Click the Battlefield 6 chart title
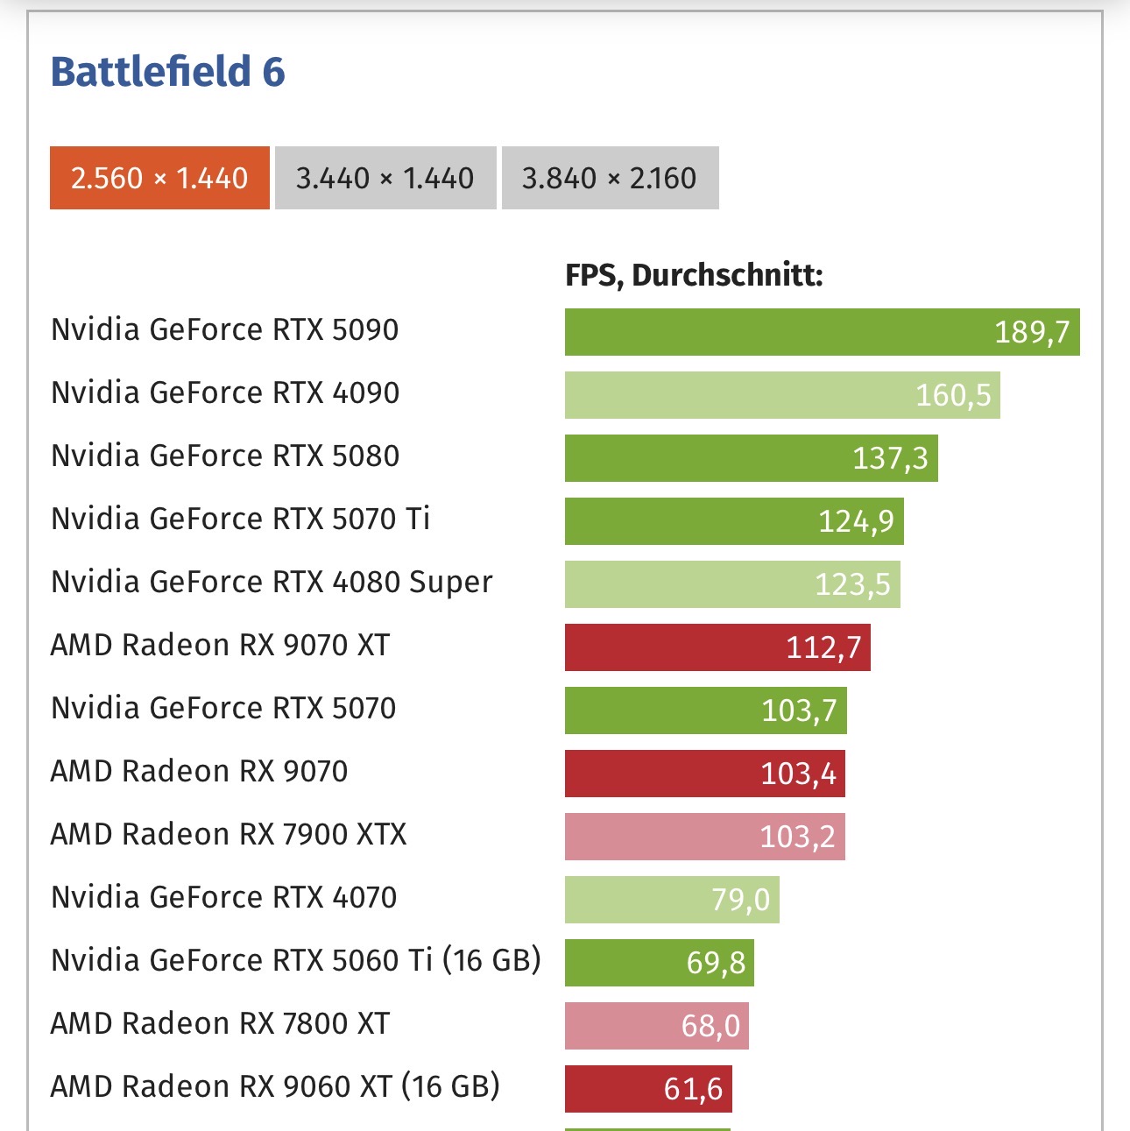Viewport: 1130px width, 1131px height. (x=167, y=72)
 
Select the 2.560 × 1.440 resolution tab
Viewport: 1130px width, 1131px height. (x=159, y=178)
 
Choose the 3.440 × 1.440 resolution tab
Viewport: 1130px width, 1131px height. (x=385, y=178)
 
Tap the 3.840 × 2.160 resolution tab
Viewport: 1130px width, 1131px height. (x=610, y=178)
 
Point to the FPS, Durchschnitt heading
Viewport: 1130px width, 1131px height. (x=694, y=275)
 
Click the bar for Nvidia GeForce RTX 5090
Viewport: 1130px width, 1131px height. (x=822, y=332)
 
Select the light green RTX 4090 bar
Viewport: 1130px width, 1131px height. (x=781, y=395)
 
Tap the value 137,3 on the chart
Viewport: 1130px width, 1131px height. (x=890, y=458)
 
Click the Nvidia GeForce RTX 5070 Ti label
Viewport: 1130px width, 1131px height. (x=240, y=519)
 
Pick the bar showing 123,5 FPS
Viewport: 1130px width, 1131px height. (x=731, y=584)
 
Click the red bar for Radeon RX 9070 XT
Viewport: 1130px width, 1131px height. (x=717, y=647)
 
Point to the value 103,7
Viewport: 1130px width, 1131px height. (x=799, y=710)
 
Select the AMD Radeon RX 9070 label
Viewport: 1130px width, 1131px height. (x=199, y=771)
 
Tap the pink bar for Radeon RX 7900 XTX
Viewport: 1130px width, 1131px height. (x=704, y=837)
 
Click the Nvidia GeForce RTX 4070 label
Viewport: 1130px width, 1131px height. (x=223, y=897)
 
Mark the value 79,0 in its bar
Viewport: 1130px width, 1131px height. (x=740, y=900)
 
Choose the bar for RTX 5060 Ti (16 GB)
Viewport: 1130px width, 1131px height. (x=659, y=963)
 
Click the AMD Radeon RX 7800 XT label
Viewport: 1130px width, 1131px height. (x=220, y=1023)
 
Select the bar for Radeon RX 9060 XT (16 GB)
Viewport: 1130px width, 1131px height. (x=647, y=1089)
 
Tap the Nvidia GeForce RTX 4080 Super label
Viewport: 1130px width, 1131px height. (x=272, y=582)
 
